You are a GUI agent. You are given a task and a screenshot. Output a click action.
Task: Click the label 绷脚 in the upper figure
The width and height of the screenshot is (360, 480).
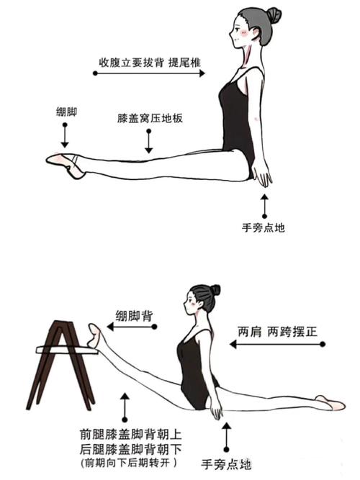[67, 112]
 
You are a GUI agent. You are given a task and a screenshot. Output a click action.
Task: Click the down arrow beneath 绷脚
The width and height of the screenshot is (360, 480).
[66, 134]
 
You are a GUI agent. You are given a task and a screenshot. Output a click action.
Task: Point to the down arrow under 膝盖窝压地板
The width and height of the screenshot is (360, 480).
[148, 140]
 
